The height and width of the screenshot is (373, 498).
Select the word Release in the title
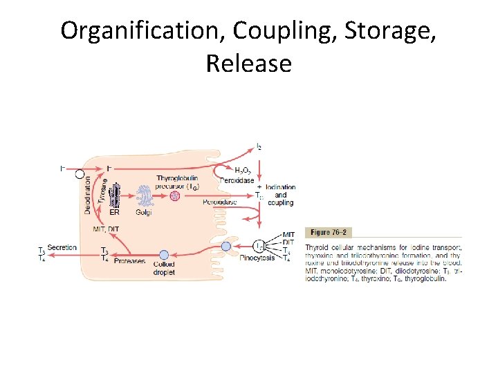[x=248, y=64]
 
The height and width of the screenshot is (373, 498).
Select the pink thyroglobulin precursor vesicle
[x=175, y=196]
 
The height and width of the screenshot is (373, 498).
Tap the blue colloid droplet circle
[x=164, y=255]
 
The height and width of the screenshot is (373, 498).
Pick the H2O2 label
[x=242, y=170]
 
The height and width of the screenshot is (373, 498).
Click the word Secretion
[x=63, y=247]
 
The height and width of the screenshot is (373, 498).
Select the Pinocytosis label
[x=256, y=258]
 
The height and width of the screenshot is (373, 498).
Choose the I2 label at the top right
[x=259, y=146]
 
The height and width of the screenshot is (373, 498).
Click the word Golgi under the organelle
[x=143, y=212]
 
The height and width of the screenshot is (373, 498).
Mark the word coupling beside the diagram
[x=280, y=202]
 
